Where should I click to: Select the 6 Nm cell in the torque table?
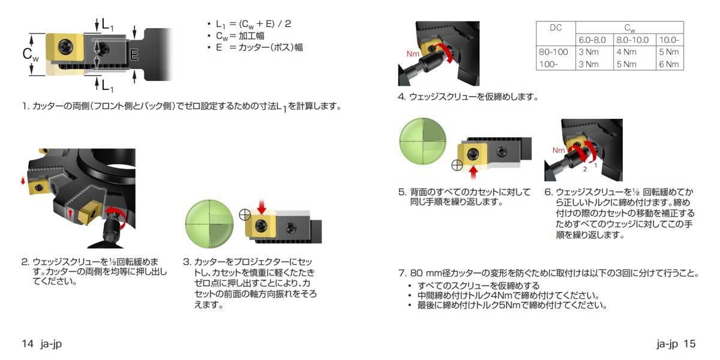669,64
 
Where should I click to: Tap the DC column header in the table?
555,28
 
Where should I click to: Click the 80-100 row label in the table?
553,52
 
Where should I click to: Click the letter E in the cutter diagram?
134,55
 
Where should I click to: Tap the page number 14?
27,344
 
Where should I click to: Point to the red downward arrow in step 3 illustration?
262,207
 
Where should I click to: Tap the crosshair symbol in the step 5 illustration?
456,164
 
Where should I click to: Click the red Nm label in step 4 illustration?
413,54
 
